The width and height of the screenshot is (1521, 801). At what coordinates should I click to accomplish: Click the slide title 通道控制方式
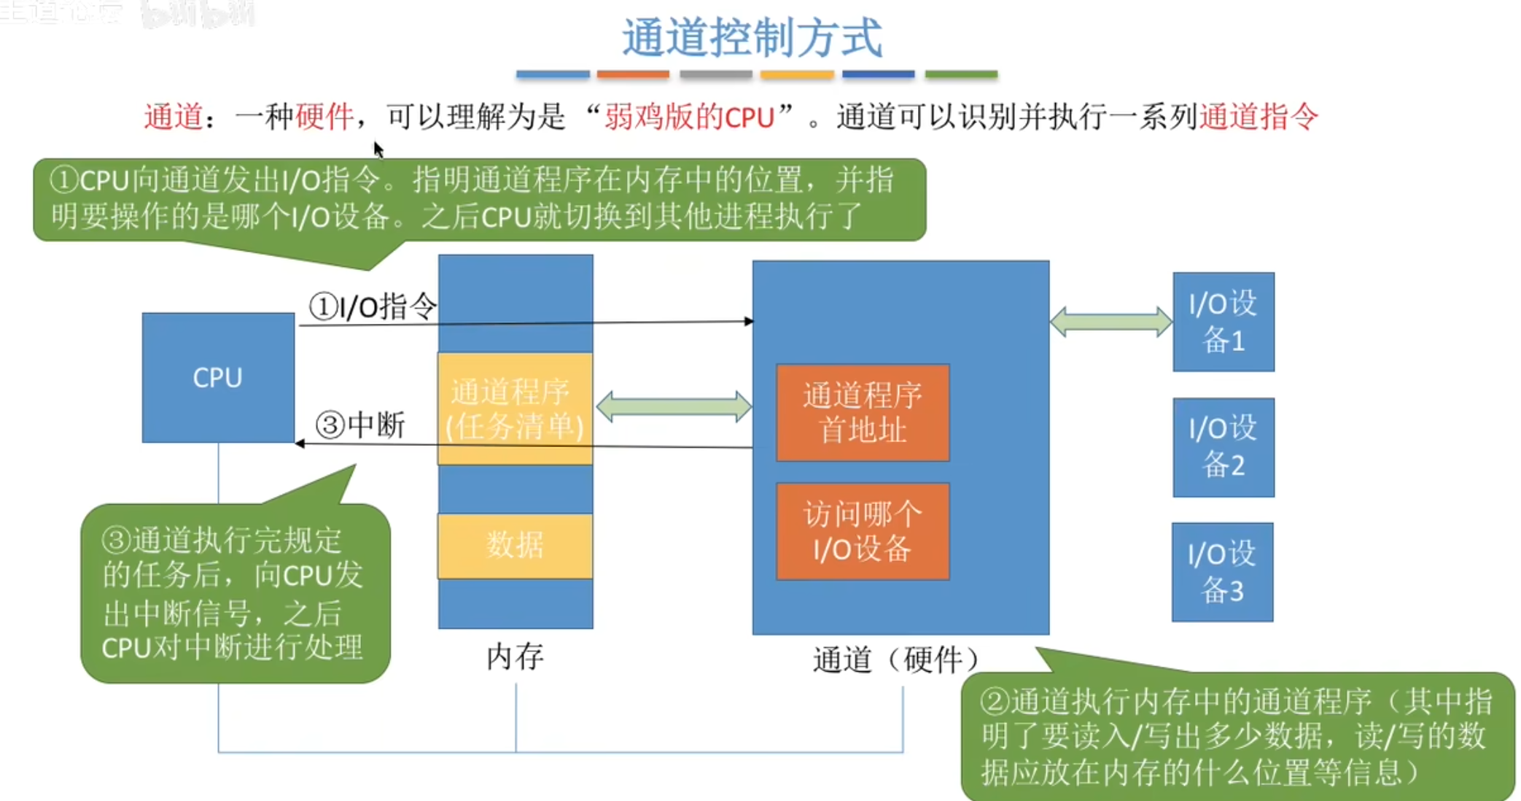coord(752,38)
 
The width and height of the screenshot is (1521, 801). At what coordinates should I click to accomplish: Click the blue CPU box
coord(218,377)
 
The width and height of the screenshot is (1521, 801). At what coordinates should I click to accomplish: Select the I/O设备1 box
coord(1223,322)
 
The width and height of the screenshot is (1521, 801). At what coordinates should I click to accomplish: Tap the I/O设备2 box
coord(1223,446)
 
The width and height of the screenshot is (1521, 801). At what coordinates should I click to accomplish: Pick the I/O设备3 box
coord(1222,572)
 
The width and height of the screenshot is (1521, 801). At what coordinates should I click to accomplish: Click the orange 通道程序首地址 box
coord(863,413)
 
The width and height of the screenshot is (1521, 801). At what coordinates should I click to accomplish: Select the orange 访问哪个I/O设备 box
coord(863,531)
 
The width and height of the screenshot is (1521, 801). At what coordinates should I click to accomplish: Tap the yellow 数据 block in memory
coord(515,546)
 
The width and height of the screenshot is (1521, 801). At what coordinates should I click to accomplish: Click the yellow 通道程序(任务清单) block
coord(515,409)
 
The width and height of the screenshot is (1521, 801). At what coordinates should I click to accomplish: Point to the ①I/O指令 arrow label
coord(373,307)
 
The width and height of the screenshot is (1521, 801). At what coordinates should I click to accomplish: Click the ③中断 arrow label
coord(360,425)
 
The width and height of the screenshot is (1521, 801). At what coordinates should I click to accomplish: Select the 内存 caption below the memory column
coord(515,657)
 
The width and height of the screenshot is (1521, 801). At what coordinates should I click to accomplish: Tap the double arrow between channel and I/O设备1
coord(1110,322)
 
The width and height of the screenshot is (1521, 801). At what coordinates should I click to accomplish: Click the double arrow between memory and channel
coord(674,407)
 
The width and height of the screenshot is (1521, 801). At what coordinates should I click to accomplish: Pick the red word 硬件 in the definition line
coord(324,117)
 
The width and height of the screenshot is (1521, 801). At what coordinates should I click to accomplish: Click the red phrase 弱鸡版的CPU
coord(689,117)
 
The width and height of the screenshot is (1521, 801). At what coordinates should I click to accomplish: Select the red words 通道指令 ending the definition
coord(1259,117)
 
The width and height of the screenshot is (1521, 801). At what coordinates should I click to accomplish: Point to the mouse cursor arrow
coord(378,149)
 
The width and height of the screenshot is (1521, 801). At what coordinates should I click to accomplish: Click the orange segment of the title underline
coord(633,74)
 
